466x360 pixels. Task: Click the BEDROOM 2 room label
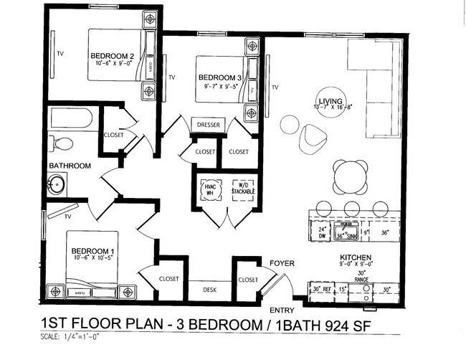113,55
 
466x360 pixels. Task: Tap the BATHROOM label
70,166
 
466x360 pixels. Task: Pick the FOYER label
281,263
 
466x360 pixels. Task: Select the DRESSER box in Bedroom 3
208,125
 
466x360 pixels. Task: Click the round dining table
351,176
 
